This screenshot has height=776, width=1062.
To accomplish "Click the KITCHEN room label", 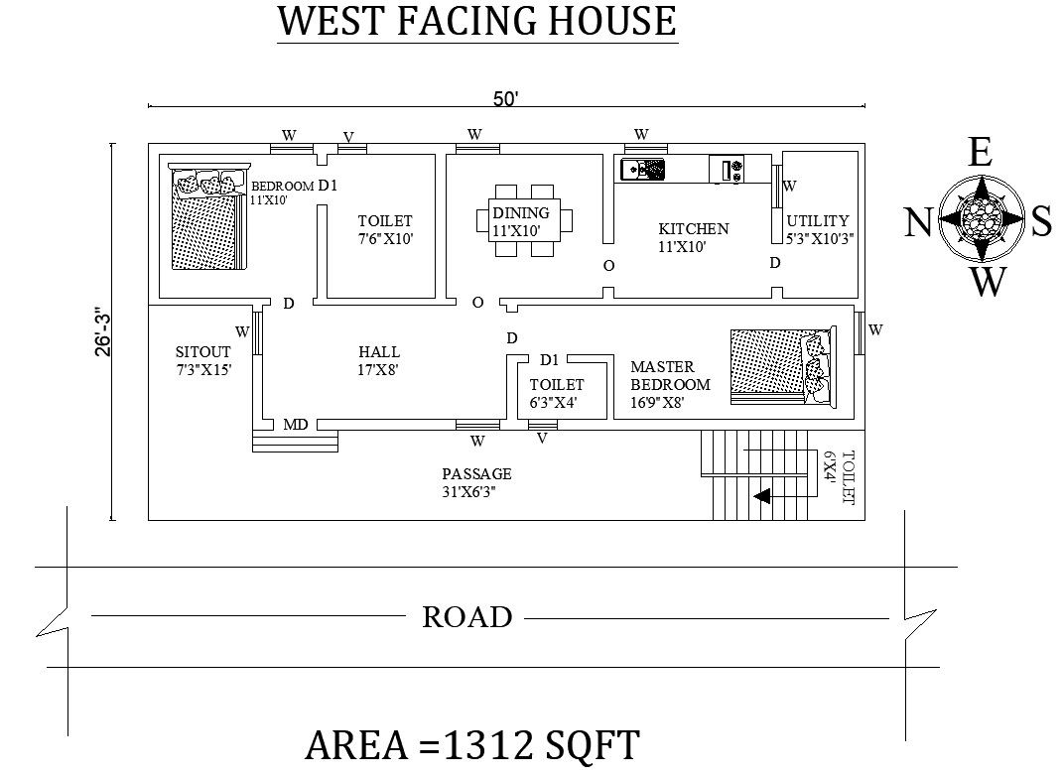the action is pyautogui.click(x=694, y=229).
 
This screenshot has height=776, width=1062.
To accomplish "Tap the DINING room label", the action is pyautogui.click(x=521, y=212).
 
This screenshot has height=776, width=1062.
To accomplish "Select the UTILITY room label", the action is pyautogui.click(x=818, y=220).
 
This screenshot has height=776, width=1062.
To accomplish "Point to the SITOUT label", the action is pyautogui.click(x=203, y=352).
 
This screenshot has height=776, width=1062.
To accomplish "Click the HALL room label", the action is pyautogui.click(x=379, y=352).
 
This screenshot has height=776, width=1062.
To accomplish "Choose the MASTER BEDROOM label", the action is pyautogui.click(x=671, y=376).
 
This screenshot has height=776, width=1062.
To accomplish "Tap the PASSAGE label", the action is pyautogui.click(x=476, y=474).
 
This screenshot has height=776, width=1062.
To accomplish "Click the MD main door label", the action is pyautogui.click(x=296, y=425).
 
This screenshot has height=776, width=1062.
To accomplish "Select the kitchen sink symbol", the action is pyautogui.click(x=643, y=170).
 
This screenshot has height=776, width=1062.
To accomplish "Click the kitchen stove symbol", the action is pyautogui.click(x=727, y=169).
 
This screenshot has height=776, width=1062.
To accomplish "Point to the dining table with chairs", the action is pyautogui.click(x=524, y=220).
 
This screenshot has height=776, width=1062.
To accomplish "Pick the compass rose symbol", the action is pyautogui.click(x=982, y=218).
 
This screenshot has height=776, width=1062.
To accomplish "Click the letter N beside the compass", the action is pyautogui.click(x=918, y=222).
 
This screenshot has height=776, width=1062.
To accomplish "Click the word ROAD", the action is pyautogui.click(x=467, y=617).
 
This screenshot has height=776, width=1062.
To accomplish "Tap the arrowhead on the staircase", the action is pyautogui.click(x=762, y=496).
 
